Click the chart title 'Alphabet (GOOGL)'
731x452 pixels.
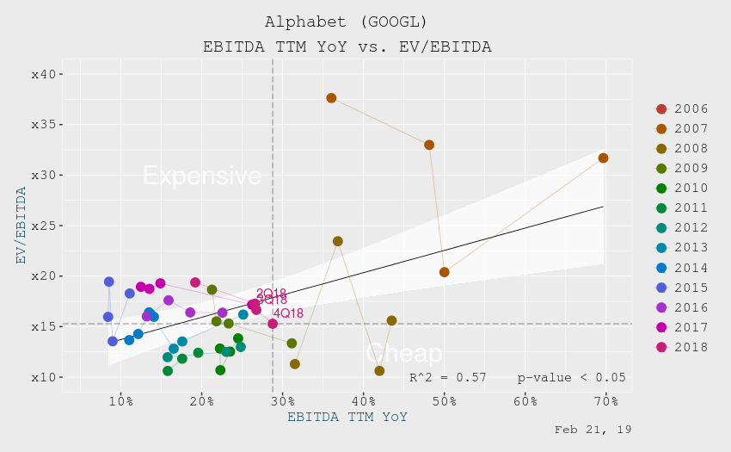click(347, 22)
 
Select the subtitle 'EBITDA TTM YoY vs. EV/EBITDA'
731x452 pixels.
click(347, 46)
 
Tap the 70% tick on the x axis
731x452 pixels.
click(605, 401)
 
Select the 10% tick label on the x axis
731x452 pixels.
click(120, 401)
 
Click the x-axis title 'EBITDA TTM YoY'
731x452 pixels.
click(347, 418)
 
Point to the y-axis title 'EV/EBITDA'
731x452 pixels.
click(21, 226)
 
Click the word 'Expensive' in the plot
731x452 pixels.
click(202, 176)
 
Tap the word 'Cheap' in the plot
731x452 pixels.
click(403, 353)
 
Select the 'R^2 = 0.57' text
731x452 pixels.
click(447, 377)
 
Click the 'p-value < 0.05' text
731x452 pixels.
click(571, 377)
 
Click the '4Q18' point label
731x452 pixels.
click(288, 313)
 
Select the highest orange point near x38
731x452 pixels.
click(331, 98)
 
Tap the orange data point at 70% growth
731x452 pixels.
click(603, 158)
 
